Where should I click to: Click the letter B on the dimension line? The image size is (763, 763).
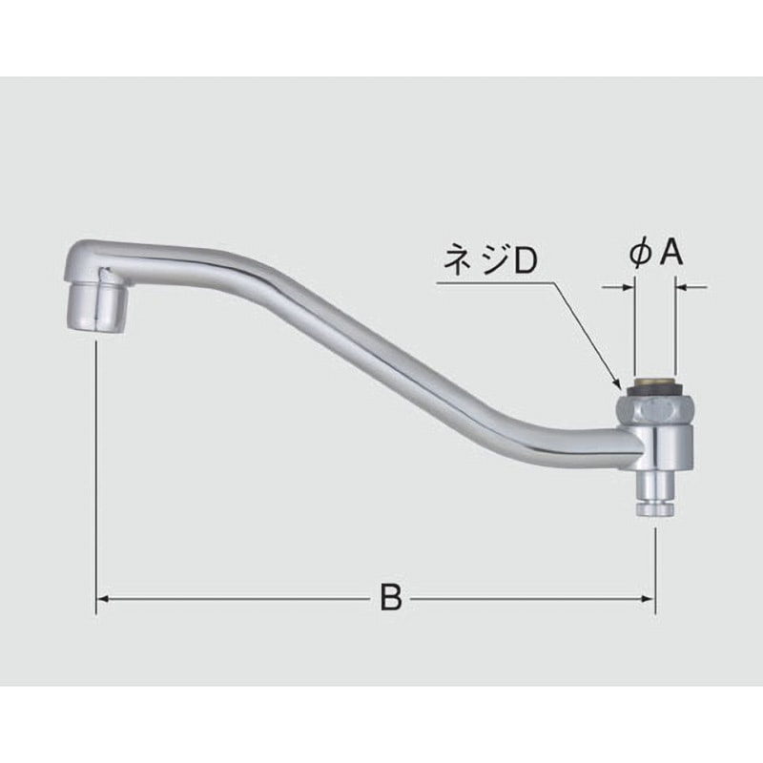[389, 599]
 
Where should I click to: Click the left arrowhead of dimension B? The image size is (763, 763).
[103, 599]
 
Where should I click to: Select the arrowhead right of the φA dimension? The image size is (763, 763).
[683, 284]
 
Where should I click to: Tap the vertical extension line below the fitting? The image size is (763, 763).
[654, 563]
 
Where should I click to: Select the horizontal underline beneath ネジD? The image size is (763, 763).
[496, 282]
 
